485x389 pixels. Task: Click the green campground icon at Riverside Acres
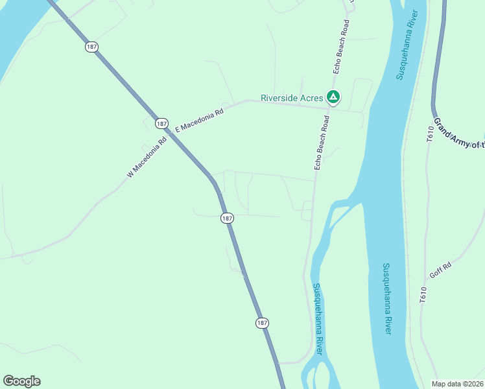(333, 98)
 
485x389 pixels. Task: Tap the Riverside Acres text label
(292, 98)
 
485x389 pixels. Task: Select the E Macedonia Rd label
(199, 121)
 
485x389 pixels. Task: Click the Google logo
(21, 381)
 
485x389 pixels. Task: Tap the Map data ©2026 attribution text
(458, 384)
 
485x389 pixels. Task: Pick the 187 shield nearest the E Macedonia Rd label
(161, 123)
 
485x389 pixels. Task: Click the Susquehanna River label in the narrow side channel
(317, 318)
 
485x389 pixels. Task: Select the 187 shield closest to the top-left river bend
(91, 47)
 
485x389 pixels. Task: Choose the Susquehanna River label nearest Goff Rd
(386, 298)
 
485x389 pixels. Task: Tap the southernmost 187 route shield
(261, 323)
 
